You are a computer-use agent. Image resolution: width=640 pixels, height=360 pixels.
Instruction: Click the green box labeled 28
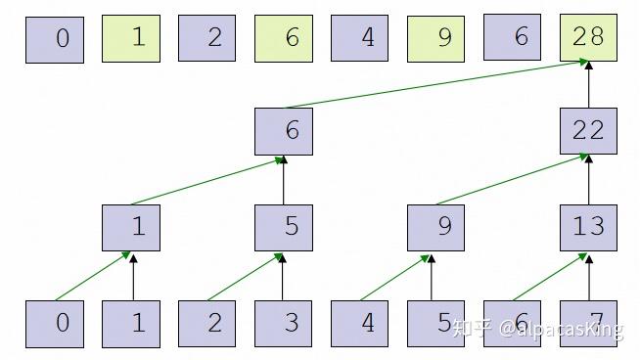[x=588, y=39]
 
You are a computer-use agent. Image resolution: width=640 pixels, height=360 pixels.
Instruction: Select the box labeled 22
[x=588, y=131]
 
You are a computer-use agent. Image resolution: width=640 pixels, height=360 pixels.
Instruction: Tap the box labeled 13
[x=588, y=227]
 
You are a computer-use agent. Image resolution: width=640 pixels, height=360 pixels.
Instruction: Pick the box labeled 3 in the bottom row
[x=283, y=323]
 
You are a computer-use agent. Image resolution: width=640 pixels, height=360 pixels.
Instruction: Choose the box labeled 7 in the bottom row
[x=588, y=323]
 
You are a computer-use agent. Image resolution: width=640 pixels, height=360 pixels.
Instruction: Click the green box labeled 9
[x=435, y=39]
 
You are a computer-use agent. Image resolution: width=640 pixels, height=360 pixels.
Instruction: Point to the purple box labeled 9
[x=435, y=227]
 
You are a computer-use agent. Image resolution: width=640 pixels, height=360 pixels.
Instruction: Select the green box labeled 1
[x=130, y=39]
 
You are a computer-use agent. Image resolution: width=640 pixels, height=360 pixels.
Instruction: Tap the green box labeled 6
[x=283, y=39]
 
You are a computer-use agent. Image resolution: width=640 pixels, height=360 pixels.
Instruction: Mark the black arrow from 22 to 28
[x=588, y=84]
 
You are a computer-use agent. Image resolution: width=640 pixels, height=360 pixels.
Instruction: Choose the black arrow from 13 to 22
[x=588, y=179]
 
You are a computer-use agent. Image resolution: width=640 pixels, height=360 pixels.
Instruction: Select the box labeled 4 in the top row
[x=359, y=39]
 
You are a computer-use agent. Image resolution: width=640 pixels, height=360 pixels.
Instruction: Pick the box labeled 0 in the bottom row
[x=54, y=323]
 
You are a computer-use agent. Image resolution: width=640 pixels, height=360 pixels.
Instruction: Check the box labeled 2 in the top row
[x=206, y=39]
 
